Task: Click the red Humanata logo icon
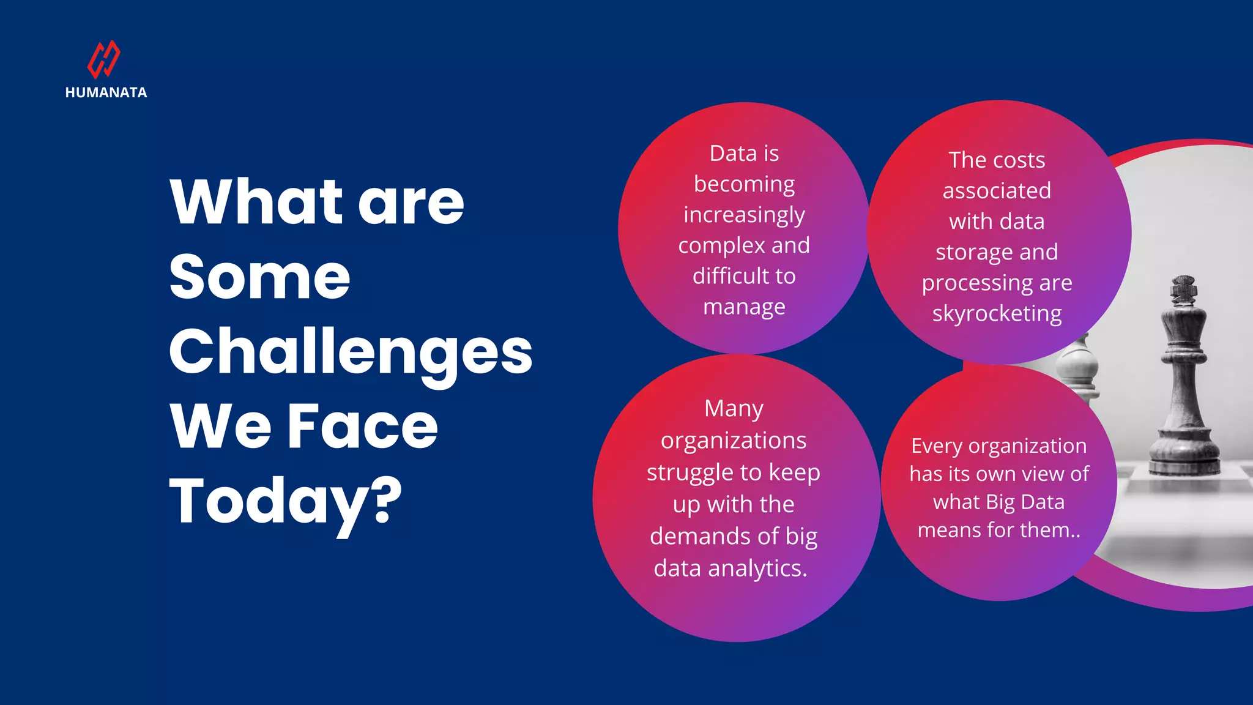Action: [x=104, y=59]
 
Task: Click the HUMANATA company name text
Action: [x=106, y=93]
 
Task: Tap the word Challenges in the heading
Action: [x=351, y=351]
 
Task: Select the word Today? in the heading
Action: [x=286, y=501]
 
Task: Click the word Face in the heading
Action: [x=362, y=426]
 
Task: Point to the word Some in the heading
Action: [x=259, y=277]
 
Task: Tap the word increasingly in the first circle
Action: [x=744, y=215]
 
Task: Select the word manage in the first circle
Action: [x=744, y=307]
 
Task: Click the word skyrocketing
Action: [x=997, y=313]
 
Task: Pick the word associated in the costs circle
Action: [x=997, y=190]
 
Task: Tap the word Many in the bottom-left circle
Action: [x=734, y=408]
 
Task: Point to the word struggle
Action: [x=691, y=472]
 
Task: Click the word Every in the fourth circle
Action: [x=936, y=446]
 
